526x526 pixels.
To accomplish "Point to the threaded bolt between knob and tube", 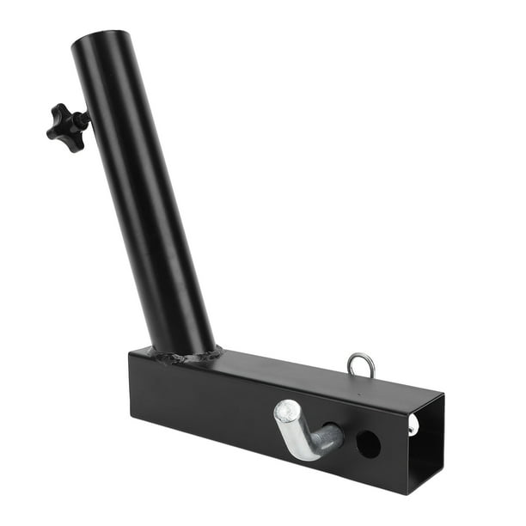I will (83, 120).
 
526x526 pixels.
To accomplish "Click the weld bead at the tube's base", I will (185, 355).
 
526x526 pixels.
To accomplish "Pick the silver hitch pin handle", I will (297, 430).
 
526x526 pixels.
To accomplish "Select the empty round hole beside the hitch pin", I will (368, 443).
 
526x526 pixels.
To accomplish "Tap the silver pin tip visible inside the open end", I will (414, 424).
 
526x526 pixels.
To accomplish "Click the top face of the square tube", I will (284, 370).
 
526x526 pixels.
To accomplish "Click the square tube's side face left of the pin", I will (206, 400).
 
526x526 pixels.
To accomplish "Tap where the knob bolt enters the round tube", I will (89, 118).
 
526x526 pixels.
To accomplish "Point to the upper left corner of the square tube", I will (131, 349).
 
